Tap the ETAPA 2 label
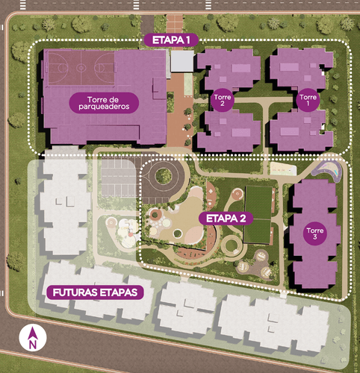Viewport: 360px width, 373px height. (x=227, y=219)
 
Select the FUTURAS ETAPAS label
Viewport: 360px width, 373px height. (x=94, y=292)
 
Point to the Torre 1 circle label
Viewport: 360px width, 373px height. (x=307, y=98)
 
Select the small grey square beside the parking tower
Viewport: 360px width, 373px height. (x=182, y=61)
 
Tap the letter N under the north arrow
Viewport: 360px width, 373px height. (x=33, y=345)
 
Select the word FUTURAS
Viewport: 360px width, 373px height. (x=75, y=292)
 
